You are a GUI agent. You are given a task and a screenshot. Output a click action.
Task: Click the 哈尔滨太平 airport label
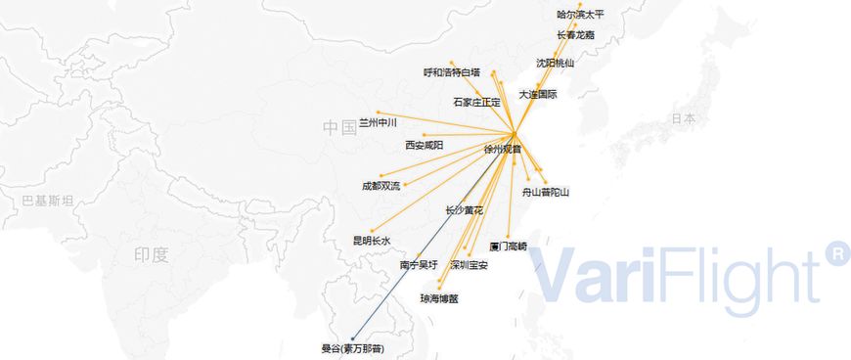pyautogui.click(x=581, y=15)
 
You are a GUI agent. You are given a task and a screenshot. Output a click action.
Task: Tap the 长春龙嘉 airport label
pyautogui.click(x=575, y=35)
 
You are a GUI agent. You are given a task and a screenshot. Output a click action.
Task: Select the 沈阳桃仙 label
pyautogui.click(x=556, y=64)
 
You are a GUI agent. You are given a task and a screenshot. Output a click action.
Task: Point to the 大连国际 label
pyautogui.click(x=538, y=95)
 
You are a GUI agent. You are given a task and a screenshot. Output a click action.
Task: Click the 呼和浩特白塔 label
pyautogui.click(x=452, y=72)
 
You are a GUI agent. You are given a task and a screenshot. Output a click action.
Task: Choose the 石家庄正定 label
pyautogui.click(x=476, y=102)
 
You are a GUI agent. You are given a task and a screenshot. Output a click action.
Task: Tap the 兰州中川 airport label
pyautogui.click(x=379, y=123)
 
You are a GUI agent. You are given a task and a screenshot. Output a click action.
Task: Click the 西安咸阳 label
pyautogui.click(x=425, y=146)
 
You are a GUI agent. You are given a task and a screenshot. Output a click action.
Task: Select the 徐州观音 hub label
pyautogui.click(x=503, y=150)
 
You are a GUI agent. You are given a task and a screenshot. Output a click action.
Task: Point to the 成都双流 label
pyautogui.click(x=381, y=186)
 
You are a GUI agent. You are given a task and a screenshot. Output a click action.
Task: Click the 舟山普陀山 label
pyautogui.click(x=546, y=193)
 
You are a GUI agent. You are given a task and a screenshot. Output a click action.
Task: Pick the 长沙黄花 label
pyautogui.click(x=464, y=210)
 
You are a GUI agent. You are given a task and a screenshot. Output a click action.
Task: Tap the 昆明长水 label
pyautogui.click(x=372, y=241)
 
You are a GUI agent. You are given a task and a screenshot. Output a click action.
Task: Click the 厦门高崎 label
pyautogui.click(x=508, y=247)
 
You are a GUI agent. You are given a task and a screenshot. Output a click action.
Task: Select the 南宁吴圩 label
pyautogui.click(x=419, y=265)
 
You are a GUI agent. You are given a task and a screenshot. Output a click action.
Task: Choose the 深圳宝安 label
pyautogui.click(x=469, y=265)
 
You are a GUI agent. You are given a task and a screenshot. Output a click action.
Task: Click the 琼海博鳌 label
pyautogui.click(x=439, y=298)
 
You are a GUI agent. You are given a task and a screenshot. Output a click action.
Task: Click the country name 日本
pyautogui.click(x=684, y=118)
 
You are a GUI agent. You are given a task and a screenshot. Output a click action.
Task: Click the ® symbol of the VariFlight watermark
pyautogui.click(x=837, y=253)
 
